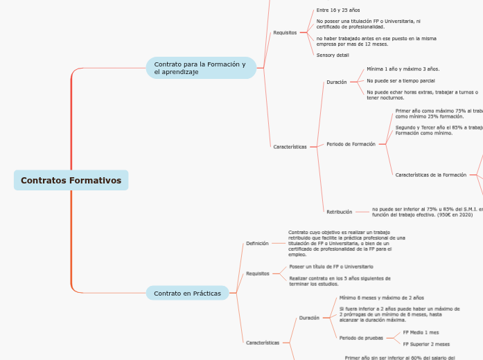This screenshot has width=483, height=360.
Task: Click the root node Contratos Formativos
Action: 71,181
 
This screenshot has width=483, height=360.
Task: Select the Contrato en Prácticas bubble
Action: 187,294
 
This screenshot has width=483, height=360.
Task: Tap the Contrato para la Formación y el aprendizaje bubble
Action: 200,68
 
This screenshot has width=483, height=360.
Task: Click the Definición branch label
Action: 257,244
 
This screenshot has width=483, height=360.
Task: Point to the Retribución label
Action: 339,212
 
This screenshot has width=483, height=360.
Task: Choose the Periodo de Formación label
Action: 351,144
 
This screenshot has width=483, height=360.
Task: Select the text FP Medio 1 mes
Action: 421,332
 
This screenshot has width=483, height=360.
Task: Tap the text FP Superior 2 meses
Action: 426,344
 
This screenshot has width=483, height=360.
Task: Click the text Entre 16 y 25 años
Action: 338,10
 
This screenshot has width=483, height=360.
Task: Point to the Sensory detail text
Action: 333,55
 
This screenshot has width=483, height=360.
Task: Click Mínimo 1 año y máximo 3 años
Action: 403,69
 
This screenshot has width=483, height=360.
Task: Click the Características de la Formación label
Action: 430,175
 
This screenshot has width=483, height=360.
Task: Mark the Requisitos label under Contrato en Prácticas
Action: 258,273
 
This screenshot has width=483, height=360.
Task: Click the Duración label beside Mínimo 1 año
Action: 336,82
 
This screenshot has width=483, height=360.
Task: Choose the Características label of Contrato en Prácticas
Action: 263,343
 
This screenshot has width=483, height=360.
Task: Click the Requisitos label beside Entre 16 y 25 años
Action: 285,33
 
